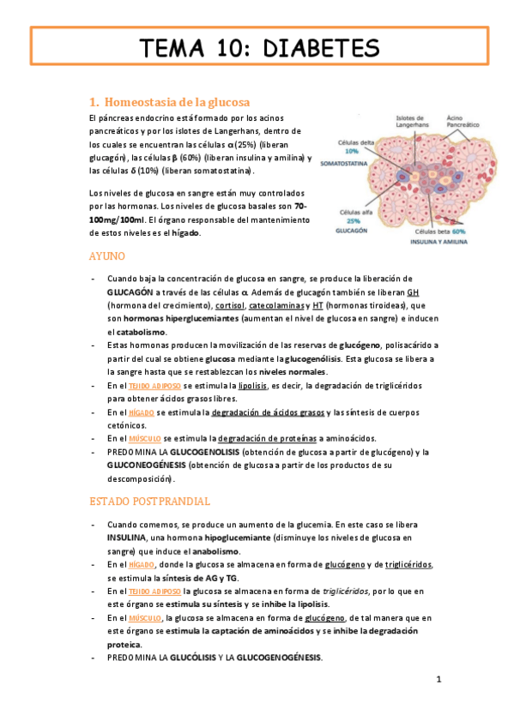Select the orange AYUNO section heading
pos(108,256)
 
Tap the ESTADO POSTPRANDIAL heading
pos(149,500)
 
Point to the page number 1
pos(438,680)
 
